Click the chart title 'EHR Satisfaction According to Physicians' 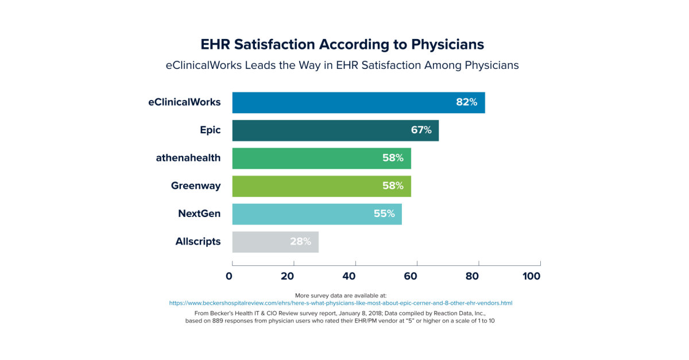342,44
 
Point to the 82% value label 466,102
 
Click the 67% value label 421,130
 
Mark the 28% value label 300,242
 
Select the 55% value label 384,214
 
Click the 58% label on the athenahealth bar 393,158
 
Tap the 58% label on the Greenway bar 393,186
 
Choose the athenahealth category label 188,158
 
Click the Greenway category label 195,186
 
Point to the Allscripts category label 198,242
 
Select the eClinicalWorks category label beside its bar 184,102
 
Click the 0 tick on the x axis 229,276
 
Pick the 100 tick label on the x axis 531,276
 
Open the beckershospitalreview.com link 340,303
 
